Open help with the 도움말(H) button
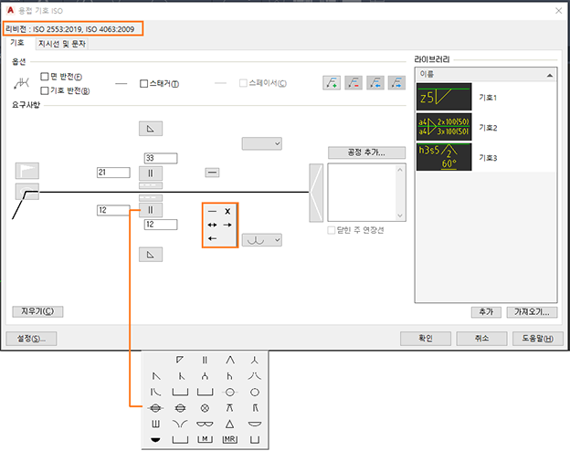point(534,338)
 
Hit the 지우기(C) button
point(37,311)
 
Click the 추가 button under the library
point(485,311)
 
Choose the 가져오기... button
point(534,311)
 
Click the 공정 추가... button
point(365,152)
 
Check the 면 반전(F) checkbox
point(45,77)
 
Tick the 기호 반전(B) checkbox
point(45,90)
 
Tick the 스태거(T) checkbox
point(143,84)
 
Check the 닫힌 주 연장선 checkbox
point(332,230)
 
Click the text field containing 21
point(114,172)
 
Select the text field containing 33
point(161,158)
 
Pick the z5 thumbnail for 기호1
point(443,96)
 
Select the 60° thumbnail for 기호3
point(443,156)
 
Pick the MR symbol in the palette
point(229,439)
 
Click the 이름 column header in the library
point(484,75)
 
